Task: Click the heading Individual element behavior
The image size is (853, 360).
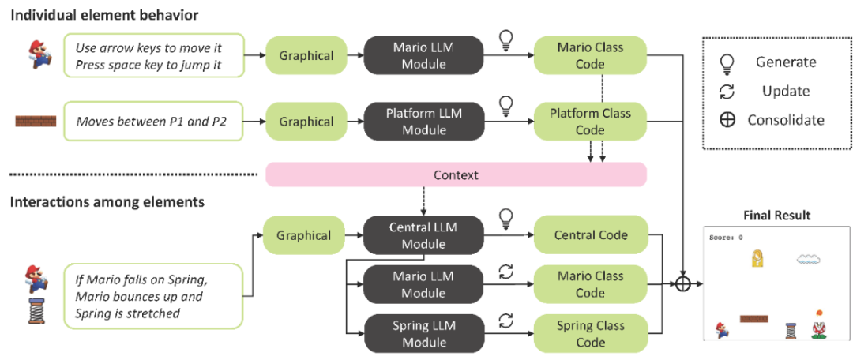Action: click(103, 15)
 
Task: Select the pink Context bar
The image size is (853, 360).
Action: click(456, 174)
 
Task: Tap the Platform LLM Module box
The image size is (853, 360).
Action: click(423, 122)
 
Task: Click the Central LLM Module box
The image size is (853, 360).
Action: click(423, 235)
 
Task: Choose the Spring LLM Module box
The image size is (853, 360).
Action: click(423, 333)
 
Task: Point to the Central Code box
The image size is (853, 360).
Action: click(590, 235)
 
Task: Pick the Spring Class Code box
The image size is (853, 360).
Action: click(590, 333)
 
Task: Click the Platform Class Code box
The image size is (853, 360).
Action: click(590, 122)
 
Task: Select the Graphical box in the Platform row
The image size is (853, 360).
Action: click(306, 122)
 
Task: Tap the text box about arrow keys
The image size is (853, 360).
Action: click(154, 56)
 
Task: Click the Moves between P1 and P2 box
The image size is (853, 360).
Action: click(154, 122)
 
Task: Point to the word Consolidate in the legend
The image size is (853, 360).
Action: click(786, 120)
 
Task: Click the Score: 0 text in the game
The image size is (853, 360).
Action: click(725, 237)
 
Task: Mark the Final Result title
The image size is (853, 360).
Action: click(776, 216)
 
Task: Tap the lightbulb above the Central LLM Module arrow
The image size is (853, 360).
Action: click(505, 217)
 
